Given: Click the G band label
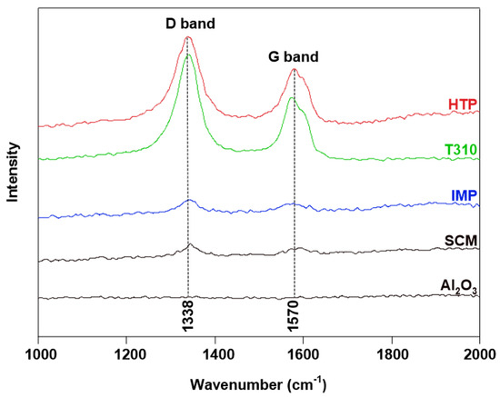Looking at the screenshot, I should (x=293, y=56).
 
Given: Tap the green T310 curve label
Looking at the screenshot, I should (x=462, y=150).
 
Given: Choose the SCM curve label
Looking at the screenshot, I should (x=462, y=241).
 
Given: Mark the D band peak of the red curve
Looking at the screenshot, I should (x=188, y=37).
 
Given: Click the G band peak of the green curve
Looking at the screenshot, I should (x=291, y=98).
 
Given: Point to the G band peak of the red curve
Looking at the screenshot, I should (x=294, y=69).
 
